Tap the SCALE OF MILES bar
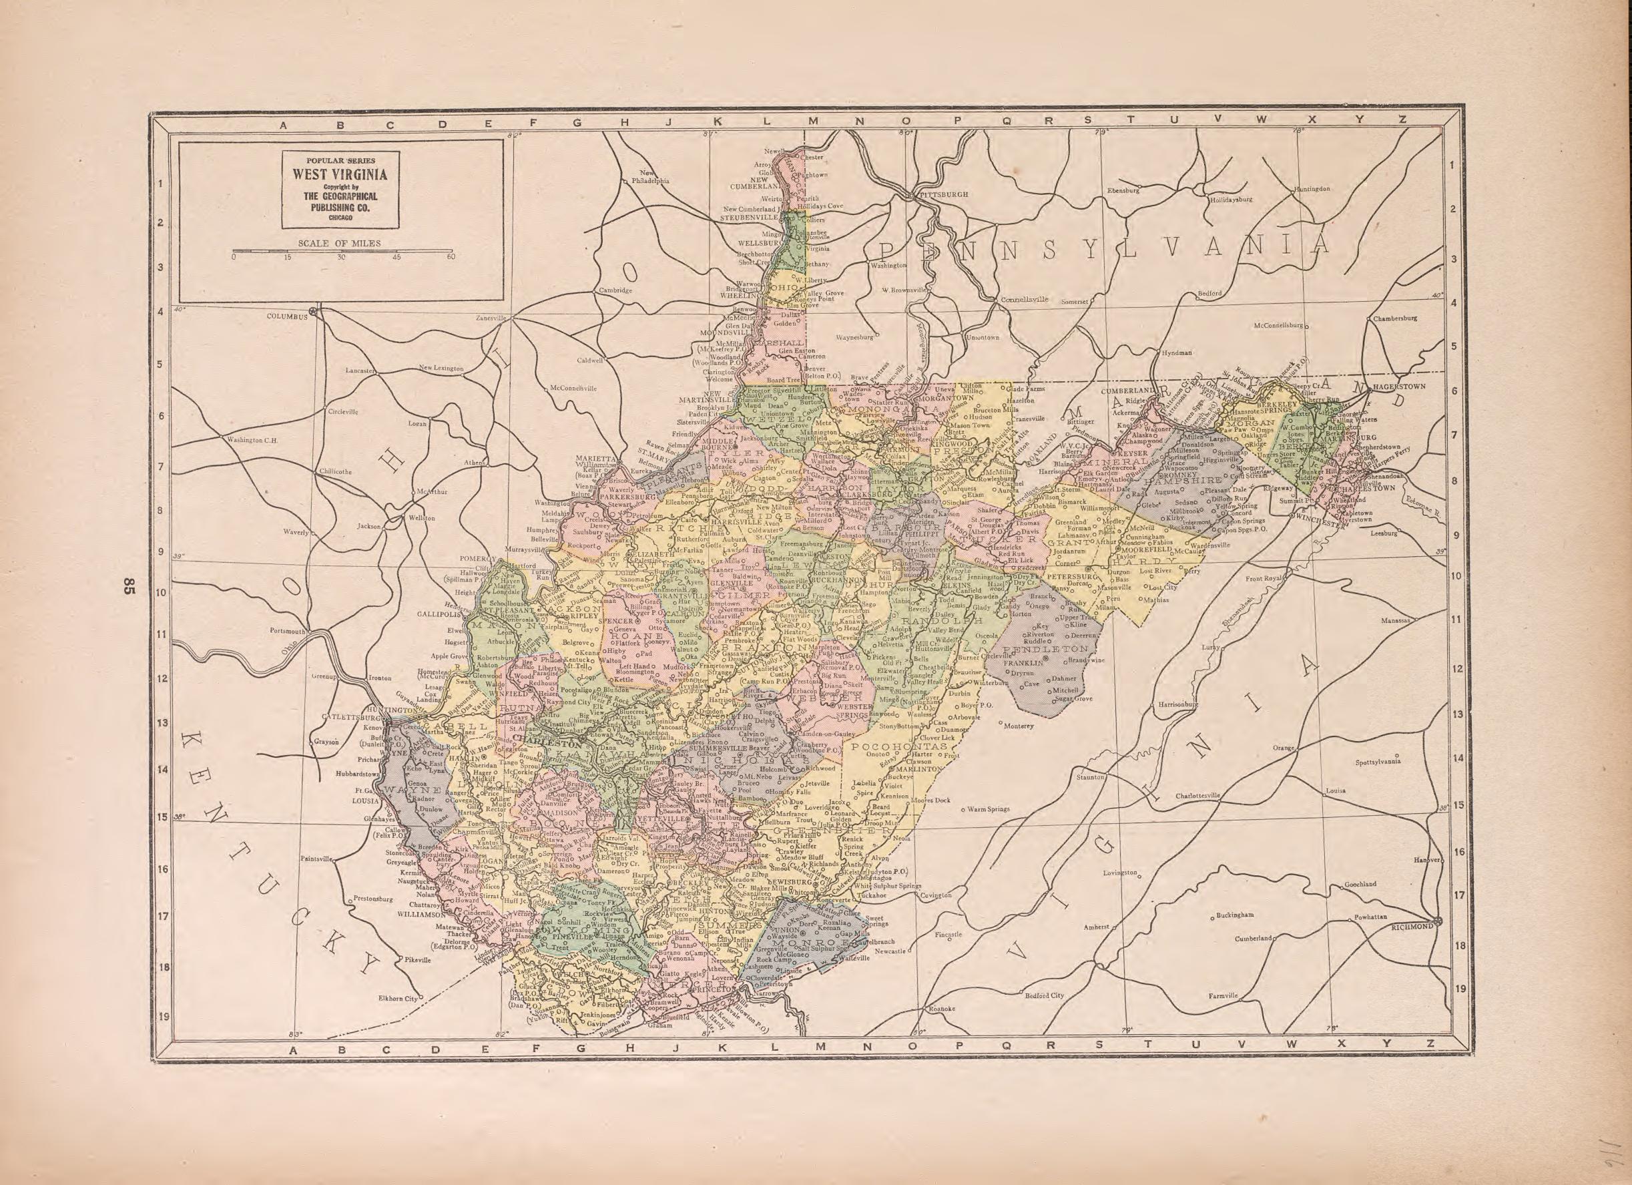coord(342,252)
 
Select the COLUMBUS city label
coord(286,315)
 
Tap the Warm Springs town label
coord(989,808)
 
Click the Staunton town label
coord(1091,778)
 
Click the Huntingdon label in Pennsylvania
coord(1313,189)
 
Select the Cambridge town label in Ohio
coord(615,290)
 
